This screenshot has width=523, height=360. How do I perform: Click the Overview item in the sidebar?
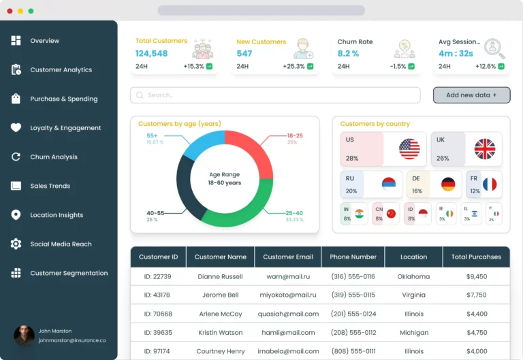point(44,41)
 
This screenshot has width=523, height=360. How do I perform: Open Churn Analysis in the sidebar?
point(53,157)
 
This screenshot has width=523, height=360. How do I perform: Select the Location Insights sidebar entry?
point(56,215)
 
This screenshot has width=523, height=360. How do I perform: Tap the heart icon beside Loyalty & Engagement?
point(16,128)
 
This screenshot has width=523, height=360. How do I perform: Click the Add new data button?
point(471,95)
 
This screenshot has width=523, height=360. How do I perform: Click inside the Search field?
point(272,95)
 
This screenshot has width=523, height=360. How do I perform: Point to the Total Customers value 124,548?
point(151,54)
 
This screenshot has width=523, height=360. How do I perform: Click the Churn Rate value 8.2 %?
point(348,54)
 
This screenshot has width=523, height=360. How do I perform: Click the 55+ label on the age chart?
point(152,135)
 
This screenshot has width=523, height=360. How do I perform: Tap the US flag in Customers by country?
point(409,149)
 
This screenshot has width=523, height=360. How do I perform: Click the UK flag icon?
point(485,149)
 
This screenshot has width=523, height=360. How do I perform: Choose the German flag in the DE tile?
point(448,184)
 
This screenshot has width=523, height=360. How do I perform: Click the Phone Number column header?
point(353,257)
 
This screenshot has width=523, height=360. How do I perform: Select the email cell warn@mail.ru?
point(288,277)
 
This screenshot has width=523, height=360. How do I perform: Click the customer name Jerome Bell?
point(220,295)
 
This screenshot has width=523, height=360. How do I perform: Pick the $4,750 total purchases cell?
point(477,333)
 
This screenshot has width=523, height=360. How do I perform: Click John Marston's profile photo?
point(24,336)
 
